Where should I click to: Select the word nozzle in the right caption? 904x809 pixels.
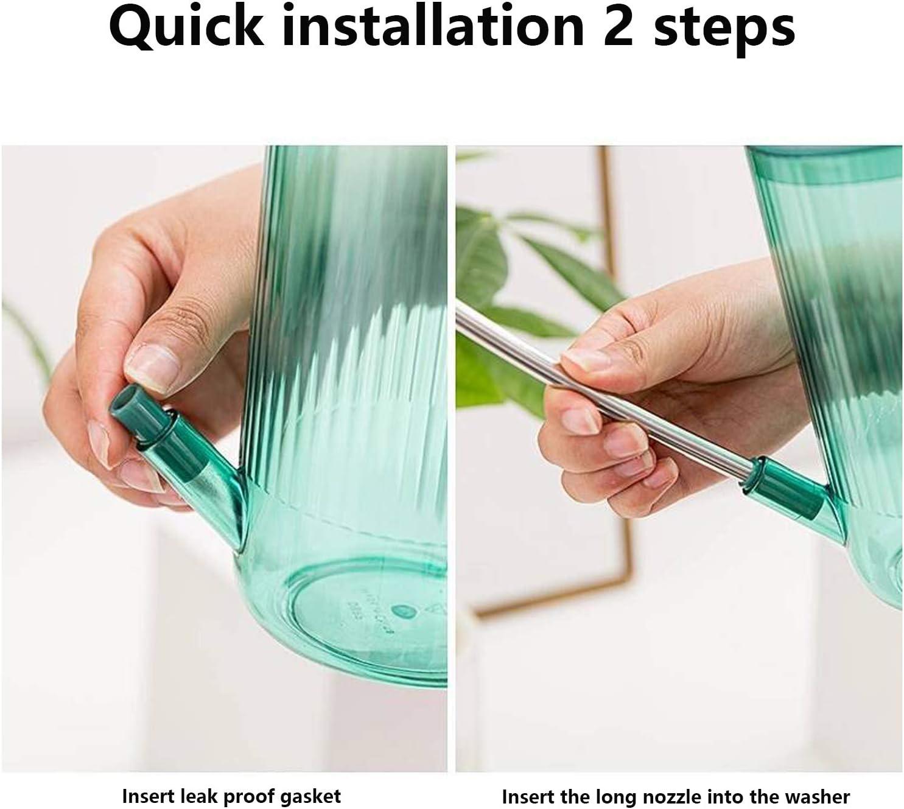click(x=651, y=784)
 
